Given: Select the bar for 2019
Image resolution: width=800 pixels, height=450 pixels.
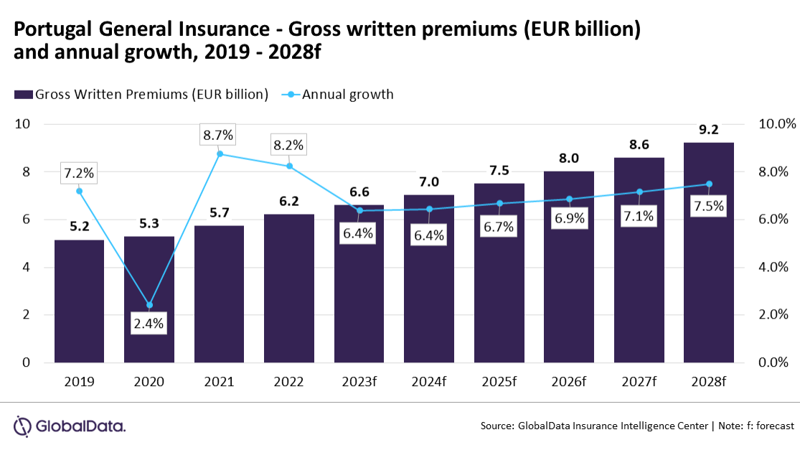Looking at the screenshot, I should [79, 301].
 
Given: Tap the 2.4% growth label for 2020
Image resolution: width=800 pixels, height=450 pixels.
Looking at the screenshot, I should [149, 324].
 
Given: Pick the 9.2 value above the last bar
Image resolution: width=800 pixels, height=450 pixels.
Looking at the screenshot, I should [709, 130].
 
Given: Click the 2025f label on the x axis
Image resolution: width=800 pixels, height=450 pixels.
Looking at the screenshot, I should [499, 381].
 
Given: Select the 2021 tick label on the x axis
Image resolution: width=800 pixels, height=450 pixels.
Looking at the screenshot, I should [220, 381].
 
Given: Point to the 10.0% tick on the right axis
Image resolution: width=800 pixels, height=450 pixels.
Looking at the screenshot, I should [777, 123].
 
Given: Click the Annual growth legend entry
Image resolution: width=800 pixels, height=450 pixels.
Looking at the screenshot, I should [347, 94].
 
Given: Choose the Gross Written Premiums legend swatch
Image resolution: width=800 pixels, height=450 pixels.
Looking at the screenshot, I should [23, 94].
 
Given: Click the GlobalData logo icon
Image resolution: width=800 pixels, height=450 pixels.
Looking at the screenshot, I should [23, 426].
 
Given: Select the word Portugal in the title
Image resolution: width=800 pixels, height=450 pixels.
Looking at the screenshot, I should [47, 29].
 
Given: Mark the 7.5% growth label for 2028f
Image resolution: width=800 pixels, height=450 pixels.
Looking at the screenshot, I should [709, 207].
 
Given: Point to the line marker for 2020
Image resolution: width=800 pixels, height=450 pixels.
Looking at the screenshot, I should [149, 305].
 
